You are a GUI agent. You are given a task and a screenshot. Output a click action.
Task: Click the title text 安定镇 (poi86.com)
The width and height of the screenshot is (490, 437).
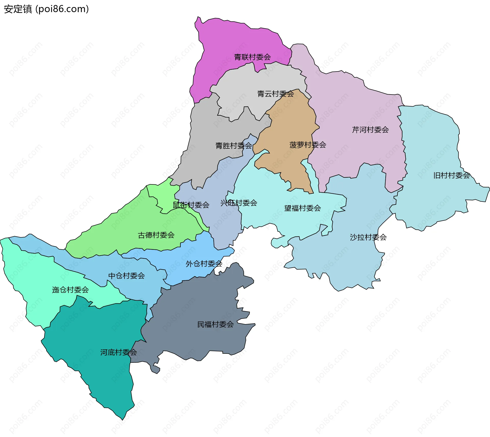coord(46,9)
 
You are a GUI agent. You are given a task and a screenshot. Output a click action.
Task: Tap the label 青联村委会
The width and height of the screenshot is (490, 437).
coord(252,57)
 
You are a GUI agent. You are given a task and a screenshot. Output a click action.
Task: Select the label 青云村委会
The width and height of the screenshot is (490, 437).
coord(275,94)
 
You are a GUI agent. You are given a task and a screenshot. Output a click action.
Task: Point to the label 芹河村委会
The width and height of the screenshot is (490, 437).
coord(370,130)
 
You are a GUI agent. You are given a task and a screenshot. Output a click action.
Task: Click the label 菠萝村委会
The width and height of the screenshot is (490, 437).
coord(308,145)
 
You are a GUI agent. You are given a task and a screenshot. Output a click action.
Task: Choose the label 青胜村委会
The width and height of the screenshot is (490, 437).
coord(234,146)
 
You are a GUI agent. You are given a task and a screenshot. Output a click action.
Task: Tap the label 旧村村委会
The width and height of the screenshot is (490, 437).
coord(451,175)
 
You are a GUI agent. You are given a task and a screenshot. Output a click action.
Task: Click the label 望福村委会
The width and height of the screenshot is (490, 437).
coord(302,208)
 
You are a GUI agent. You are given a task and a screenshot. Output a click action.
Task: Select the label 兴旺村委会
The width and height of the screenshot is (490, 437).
coord(239,203)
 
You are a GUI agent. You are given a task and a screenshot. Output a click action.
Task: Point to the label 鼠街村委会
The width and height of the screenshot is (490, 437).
coord(191,205)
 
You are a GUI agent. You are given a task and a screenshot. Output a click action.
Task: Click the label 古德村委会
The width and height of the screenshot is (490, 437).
coord(156,235)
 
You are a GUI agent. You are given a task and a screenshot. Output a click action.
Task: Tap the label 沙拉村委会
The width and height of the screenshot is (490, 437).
coord(368,237)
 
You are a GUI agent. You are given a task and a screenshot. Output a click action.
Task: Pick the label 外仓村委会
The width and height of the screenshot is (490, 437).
coord(204,264)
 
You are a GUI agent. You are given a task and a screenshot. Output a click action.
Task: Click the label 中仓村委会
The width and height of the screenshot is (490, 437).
coord(126,276)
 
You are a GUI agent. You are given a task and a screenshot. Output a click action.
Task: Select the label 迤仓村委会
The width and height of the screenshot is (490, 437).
coord(70,290)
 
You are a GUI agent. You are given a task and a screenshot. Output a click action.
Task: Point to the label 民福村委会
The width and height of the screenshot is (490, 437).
coord(215,324)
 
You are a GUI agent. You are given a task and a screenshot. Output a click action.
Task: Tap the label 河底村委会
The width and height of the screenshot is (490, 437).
coord(118,352)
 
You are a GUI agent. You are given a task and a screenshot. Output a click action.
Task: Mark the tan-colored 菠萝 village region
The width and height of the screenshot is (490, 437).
coord(288,123)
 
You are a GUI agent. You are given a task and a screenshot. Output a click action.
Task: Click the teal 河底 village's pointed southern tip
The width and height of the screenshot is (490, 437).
coord(122,419)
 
